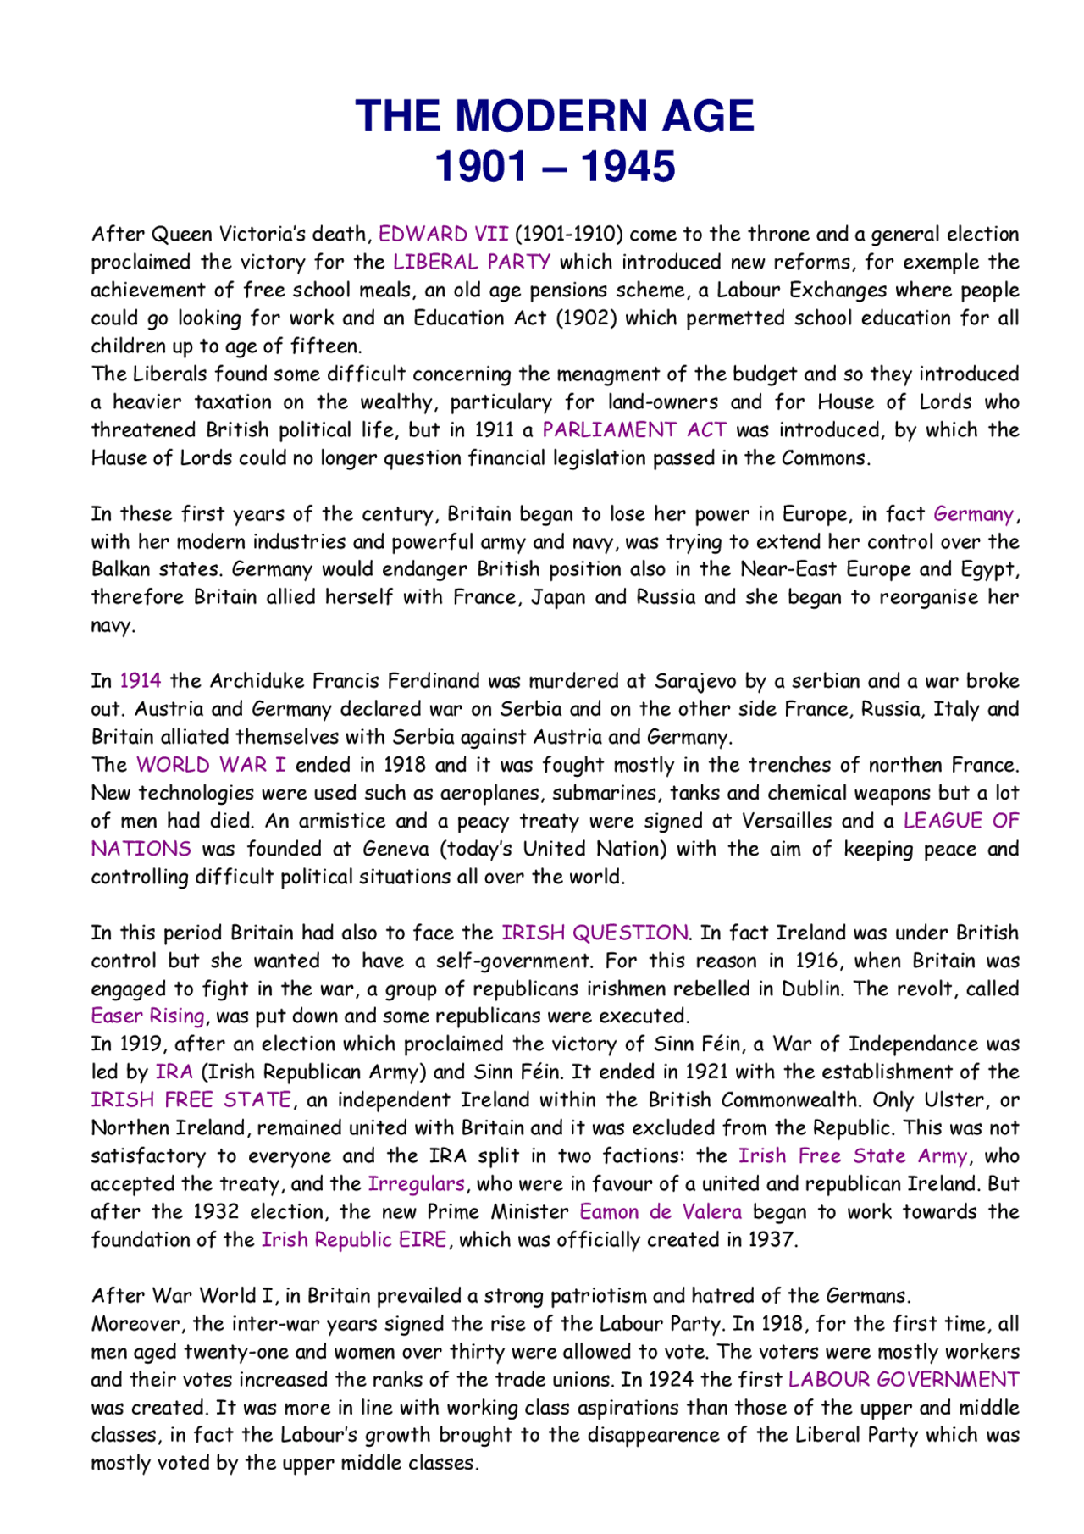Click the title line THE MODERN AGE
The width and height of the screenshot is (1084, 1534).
(554, 116)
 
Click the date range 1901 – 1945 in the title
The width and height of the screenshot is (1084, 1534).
(554, 166)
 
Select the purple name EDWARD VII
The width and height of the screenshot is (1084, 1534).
(443, 234)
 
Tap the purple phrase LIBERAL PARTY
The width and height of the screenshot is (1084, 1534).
(472, 262)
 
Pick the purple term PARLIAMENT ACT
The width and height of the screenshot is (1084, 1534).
(634, 429)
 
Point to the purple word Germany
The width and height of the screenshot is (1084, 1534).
(973, 514)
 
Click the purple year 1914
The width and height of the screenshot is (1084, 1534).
(140, 681)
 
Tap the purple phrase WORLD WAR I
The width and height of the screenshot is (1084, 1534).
(211, 765)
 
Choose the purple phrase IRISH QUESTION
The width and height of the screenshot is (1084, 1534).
(595, 933)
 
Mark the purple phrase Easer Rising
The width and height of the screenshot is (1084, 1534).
(148, 1016)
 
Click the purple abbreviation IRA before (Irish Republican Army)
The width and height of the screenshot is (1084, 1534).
(174, 1072)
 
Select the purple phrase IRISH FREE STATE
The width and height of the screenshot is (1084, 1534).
(191, 1099)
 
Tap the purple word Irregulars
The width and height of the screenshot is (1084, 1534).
(417, 1183)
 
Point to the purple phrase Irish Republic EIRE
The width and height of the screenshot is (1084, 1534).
(354, 1239)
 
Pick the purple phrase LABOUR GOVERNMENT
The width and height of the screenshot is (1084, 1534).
(904, 1379)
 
